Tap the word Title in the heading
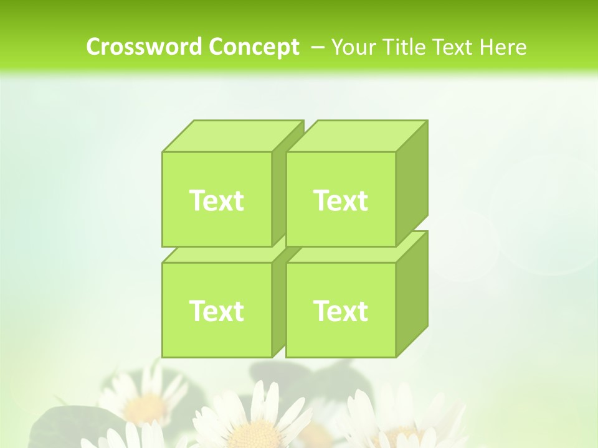coord(402,47)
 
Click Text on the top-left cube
coord(216,200)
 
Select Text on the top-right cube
coord(341,200)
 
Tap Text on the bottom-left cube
coord(216,310)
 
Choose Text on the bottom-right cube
coord(341,310)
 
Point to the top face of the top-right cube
coord(357,136)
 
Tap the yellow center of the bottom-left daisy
coord(147,408)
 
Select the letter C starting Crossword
coord(93,47)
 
